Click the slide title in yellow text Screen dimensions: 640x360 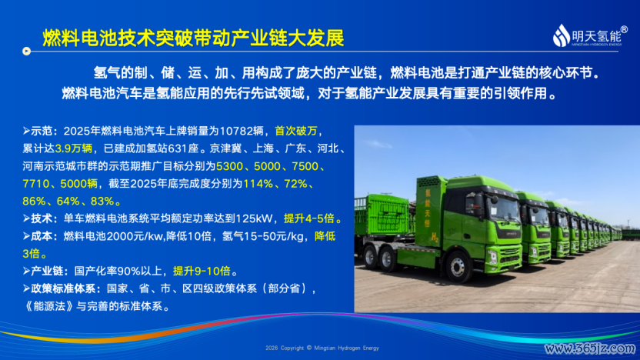point(193,38)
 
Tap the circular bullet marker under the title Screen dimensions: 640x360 point(26,51)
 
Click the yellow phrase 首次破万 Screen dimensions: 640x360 point(296,131)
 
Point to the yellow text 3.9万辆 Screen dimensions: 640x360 point(74,148)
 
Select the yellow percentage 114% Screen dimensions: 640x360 point(258,184)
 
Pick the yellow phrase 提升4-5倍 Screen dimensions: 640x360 point(309,218)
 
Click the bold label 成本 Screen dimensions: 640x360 point(42,236)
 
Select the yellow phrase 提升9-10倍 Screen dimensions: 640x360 point(202,271)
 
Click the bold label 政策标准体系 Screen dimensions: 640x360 point(63,288)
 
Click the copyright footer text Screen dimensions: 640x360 point(322,348)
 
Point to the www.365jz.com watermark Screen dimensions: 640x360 point(590,348)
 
